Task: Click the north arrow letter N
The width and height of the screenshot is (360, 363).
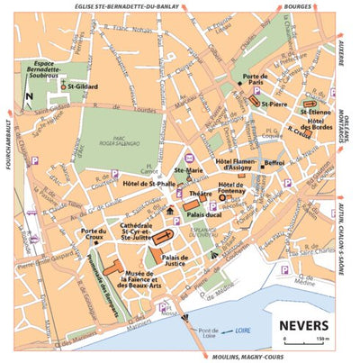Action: (x=30, y=95)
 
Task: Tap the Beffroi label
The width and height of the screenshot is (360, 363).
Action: (x=274, y=163)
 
